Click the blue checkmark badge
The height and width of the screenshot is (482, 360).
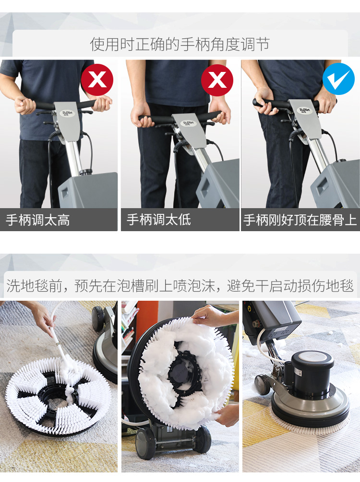(338, 79)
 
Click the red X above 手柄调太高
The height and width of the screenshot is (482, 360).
(97, 80)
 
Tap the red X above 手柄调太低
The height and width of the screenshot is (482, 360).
(217, 80)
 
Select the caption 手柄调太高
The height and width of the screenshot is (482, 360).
(37, 220)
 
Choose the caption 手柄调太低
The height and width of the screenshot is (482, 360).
(158, 220)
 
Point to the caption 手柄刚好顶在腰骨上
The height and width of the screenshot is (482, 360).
(300, 220)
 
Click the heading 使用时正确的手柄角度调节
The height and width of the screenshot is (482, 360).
(180, 44)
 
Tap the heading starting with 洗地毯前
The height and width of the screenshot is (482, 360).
(180, 286)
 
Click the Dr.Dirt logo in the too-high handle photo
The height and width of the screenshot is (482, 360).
(67, 113)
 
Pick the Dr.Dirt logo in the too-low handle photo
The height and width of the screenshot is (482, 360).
(188, 123)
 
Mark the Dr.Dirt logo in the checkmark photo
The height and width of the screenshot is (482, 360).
(304, 110)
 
